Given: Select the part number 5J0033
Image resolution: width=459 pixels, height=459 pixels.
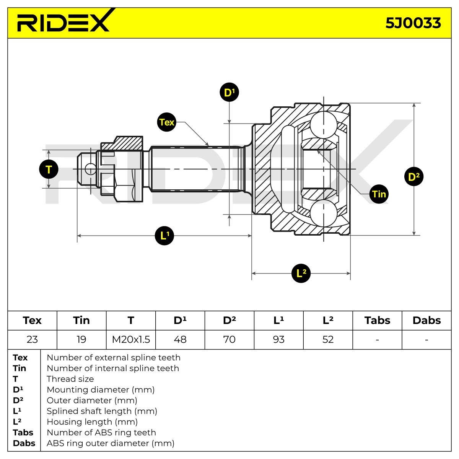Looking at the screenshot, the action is [413, 23].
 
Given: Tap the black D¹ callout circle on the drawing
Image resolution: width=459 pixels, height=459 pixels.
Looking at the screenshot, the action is [229, 92].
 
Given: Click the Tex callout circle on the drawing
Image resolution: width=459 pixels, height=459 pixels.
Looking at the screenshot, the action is [166, 122].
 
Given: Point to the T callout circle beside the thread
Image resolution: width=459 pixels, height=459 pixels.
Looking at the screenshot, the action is [49, 169].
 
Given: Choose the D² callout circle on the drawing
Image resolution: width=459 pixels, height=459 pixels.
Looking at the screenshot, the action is [414, 176].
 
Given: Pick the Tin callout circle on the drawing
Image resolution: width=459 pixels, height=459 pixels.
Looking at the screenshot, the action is [379, 194].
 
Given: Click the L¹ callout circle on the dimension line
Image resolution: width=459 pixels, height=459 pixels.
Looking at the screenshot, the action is [164, 236].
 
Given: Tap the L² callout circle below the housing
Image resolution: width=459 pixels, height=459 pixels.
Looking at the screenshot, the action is [301, 273].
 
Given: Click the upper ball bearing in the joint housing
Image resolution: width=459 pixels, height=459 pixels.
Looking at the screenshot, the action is [324, 125].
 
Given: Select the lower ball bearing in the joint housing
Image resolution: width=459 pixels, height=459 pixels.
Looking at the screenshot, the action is [324, 213].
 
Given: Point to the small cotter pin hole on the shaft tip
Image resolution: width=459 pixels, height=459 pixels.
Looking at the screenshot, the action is [91, 169].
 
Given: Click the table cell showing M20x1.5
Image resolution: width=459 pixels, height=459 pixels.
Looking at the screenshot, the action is [131, 339].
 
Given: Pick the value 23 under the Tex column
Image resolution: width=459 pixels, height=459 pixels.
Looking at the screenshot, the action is [32, 339].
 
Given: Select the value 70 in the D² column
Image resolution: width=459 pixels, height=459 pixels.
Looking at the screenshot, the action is [229, 339].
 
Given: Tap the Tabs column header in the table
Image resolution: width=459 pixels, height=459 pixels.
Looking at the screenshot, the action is [377, 321].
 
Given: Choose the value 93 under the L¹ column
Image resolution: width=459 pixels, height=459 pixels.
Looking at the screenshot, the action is [278, 339].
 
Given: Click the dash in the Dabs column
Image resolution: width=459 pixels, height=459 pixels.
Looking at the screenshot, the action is [426, 340].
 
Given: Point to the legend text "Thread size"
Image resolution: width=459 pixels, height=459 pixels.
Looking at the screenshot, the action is [70, 379].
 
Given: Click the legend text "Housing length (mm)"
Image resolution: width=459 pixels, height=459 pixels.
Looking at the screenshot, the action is [92, 422].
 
